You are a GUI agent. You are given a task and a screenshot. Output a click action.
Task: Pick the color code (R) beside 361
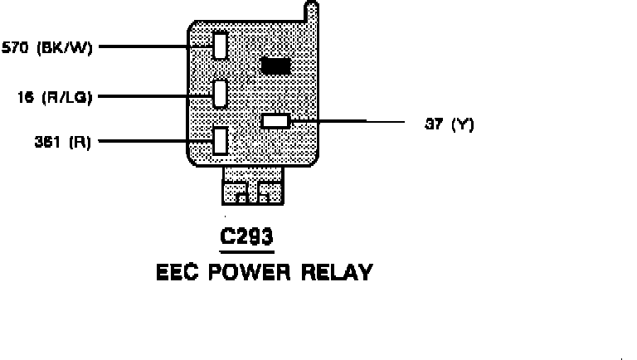coord(80,142)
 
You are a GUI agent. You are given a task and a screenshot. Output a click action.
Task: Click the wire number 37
coord(433,124)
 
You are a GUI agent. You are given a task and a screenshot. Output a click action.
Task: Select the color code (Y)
coord(462,124)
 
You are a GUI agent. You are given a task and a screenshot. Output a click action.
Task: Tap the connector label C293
coord(246,238)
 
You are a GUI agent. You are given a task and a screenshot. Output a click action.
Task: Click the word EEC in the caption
coord(177,272)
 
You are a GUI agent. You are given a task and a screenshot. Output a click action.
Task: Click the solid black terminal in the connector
coord(275,66)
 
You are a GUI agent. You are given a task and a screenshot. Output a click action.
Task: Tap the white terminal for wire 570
coord(220,45)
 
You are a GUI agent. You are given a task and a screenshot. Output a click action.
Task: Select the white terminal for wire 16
coord(220,94)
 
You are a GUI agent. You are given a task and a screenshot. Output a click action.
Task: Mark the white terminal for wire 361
coord(220,140)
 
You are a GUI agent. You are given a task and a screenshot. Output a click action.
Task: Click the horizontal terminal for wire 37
coord(275,121)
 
